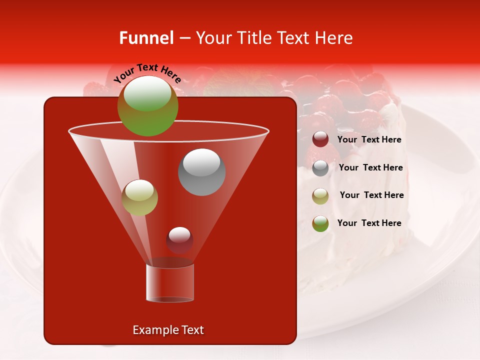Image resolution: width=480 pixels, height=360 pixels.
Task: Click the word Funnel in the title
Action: (x=146, y=38)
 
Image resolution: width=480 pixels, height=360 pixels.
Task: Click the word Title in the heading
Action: (x=253, y=38)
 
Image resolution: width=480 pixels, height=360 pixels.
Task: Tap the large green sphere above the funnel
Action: (x=147, y=106)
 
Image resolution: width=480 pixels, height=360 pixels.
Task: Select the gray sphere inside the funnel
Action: (x=201, y=171)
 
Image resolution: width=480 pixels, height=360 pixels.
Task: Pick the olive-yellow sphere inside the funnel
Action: (x=139, y=197)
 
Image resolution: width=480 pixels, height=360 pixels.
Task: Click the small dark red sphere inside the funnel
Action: (x=179, y=240)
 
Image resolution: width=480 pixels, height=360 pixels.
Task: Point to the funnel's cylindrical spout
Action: (x=169, y=283)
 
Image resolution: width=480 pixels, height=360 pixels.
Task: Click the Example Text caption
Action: (x=168, y=330)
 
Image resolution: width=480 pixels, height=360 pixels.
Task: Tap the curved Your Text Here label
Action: (x=147, y=73)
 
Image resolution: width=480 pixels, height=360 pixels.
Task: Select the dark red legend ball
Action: (x=320, y=139)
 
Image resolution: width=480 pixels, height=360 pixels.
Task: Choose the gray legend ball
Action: (x=320, y=168)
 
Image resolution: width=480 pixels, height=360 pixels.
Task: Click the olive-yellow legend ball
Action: (x=320, y=196)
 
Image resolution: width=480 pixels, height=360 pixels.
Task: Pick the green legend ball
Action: (x=320, y=223)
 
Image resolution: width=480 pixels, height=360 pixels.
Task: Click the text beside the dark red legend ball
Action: (x=369, y=140)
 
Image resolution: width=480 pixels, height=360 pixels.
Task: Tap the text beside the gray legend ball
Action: (x=370, y=168)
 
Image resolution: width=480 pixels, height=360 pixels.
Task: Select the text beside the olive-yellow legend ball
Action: (x=371, y=195)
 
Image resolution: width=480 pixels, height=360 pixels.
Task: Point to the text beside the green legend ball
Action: (x=369, y=223)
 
